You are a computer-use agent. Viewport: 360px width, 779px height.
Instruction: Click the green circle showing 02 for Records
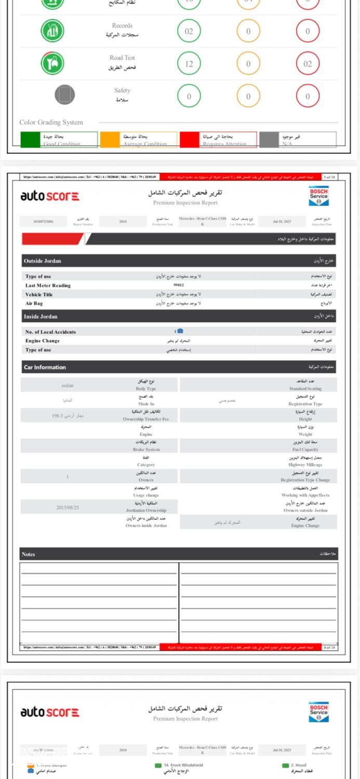pos(189,31)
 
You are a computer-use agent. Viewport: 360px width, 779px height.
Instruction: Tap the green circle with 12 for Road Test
pos(189,64)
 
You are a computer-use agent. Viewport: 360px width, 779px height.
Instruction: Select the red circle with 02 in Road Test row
pos(308,64)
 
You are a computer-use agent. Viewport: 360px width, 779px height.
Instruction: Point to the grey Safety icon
pos(65,95)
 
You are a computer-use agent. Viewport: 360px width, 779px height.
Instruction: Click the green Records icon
pos(52,31)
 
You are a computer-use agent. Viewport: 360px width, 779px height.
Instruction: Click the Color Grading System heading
pos(51,123)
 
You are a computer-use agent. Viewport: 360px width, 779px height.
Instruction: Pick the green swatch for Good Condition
pos(30,140)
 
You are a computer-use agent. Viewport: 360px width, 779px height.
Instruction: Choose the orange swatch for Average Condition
pos(109,140)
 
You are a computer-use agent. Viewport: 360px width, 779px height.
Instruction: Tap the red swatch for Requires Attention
pos(189,140)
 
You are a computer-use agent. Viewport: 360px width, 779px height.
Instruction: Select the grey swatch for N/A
pos(269,140)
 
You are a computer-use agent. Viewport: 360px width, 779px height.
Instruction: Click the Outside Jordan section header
pos(43,261)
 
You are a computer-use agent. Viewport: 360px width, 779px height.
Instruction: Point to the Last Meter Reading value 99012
pos(179,285)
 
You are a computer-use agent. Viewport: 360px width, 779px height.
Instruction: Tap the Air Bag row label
pos(34,303)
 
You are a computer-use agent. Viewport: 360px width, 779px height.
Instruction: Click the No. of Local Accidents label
pos(50,332)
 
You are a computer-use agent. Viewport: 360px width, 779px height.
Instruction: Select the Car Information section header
pos(45,367)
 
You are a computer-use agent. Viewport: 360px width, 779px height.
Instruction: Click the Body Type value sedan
pos(67,385)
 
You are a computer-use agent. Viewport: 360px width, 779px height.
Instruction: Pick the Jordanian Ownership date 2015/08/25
pos(68,507)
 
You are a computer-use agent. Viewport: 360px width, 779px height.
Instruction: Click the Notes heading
pos(29,554)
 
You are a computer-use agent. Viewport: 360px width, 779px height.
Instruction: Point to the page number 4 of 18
pos(329,648)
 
